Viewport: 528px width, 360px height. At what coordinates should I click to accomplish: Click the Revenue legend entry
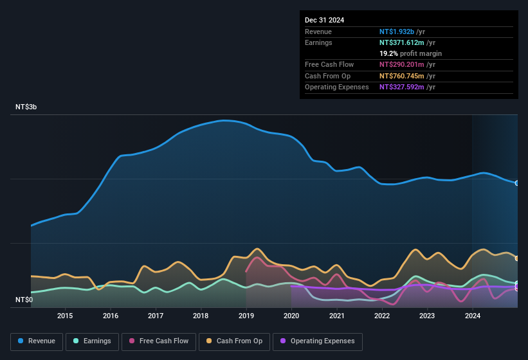click(37, 341)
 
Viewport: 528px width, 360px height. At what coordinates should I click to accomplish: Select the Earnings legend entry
click(92, 341)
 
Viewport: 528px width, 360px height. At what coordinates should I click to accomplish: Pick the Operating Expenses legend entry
click(318, 341)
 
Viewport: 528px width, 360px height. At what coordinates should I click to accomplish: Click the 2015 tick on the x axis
click(65, 316)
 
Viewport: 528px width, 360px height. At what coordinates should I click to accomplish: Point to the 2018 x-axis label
click(201, 316)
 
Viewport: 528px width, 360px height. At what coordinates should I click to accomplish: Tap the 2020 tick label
click(291, 316)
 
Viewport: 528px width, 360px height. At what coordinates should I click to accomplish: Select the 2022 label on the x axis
click(382, 316)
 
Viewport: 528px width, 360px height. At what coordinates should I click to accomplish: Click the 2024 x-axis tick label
click(473, 316)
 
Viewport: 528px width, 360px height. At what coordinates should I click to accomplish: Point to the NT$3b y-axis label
click(26, 107)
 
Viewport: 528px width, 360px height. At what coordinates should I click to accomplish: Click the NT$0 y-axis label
click(24, 300)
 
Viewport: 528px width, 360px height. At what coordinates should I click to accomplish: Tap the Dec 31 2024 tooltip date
click(325, 20)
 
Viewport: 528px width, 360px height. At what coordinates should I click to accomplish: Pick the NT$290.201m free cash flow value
click(402, 64)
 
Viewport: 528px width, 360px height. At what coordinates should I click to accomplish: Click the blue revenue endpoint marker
click(517, 183)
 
